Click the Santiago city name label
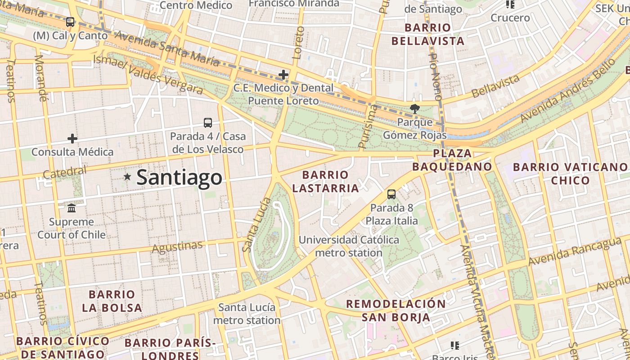click(x=179, y=177)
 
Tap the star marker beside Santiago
click(x=127, y=177)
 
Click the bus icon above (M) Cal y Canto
click(x=70, y=22)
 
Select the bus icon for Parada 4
click(x=207, y=122)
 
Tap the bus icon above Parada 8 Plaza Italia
click(x=391, y=194)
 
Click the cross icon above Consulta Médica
click(x=72, y=139)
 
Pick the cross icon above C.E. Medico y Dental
click(x=283, y=75)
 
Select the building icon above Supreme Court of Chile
click(x=72, y=208)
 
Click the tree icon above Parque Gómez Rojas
click(x=414, y=108)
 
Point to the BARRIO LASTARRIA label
click(x=325, y=181)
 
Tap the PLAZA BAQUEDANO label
click(x=452, y=160)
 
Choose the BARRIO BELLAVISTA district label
click(x=427, y=34)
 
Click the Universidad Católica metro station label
click(x=349, y=246)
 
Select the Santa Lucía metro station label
click(x=247, y=314)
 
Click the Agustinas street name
click(x=177, y=247)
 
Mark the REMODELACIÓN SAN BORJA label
click(x=396, y=310)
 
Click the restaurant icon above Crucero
click(x=510, y=5)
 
